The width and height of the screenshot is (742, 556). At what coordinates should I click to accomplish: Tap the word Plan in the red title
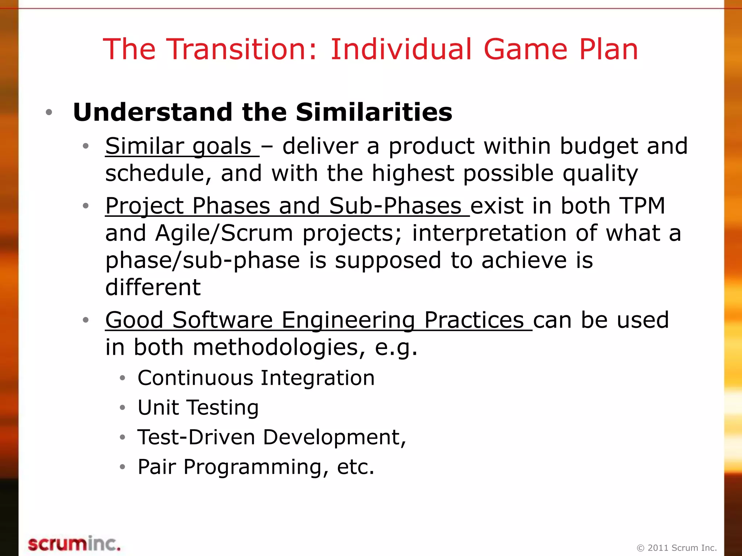[x=608, y=49]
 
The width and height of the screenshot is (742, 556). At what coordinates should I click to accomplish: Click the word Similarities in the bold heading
[x=374, y=112]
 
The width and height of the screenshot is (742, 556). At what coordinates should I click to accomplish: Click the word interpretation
[x=489, y=233]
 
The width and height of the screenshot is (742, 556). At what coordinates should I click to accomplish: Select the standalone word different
[x=153, y=287]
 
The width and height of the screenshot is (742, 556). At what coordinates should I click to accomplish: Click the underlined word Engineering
[x=348, y=320]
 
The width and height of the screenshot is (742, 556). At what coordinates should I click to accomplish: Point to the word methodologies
[x=275, y=347]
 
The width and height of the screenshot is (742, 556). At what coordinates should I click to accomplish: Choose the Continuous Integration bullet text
[x=256, y=378]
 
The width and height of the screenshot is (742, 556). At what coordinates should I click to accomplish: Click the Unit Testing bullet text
[x=198, y=408]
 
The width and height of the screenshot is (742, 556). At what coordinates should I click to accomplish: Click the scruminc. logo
[x=74, y=544]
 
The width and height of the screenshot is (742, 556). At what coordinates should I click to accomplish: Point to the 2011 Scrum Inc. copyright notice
[x=676, y=548]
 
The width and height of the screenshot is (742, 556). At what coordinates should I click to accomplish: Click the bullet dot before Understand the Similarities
[x=49, y=112]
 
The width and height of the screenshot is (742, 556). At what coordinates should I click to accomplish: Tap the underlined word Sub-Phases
[x=395, y=206]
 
